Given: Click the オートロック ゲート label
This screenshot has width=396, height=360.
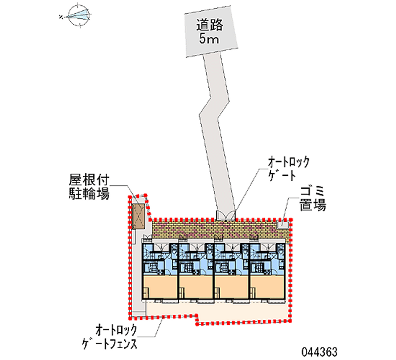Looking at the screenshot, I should click(x=288, y=168).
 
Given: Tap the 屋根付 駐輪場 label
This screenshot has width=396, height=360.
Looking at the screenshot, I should click(x=89, y=186).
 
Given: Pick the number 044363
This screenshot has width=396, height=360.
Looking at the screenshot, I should click(x=319, y=351).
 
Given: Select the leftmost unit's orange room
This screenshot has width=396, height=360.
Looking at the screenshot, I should click(x=159, y=288).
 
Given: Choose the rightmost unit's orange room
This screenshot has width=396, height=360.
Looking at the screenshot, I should click(x=267, y=288).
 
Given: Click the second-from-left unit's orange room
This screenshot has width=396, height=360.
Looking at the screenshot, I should click(x=195, y=288).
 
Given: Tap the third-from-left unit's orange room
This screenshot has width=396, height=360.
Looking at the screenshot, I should click(x=231, y=288).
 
